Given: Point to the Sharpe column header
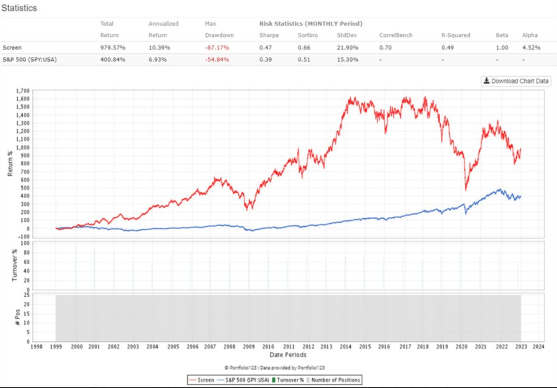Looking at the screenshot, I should point(269,35).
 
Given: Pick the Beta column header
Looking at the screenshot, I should point(502,35).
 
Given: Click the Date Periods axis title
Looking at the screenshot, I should point(288,354).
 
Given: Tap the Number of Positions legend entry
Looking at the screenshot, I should point(333,380).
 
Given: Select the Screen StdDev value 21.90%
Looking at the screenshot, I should point(348,47).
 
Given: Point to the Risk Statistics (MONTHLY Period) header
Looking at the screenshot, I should point(311,24).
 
